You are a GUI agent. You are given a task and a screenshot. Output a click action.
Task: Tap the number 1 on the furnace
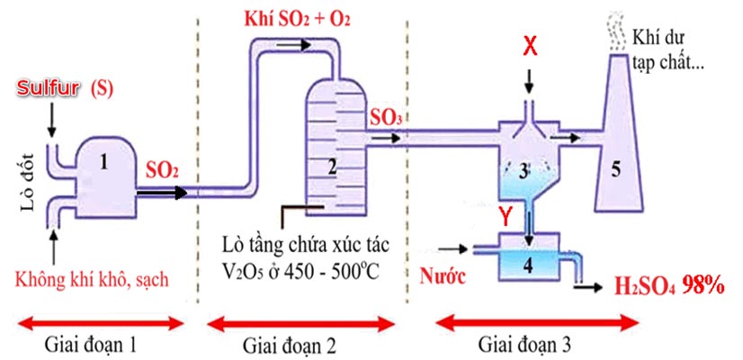pos(105,163)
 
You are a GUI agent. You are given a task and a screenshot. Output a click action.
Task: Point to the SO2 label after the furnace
pos(162,170)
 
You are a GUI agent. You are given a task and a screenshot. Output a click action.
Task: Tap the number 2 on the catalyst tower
pos(332,166)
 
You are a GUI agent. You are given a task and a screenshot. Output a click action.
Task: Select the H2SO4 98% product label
pos(669,287)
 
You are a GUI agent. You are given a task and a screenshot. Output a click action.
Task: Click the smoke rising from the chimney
pos(613,27)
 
